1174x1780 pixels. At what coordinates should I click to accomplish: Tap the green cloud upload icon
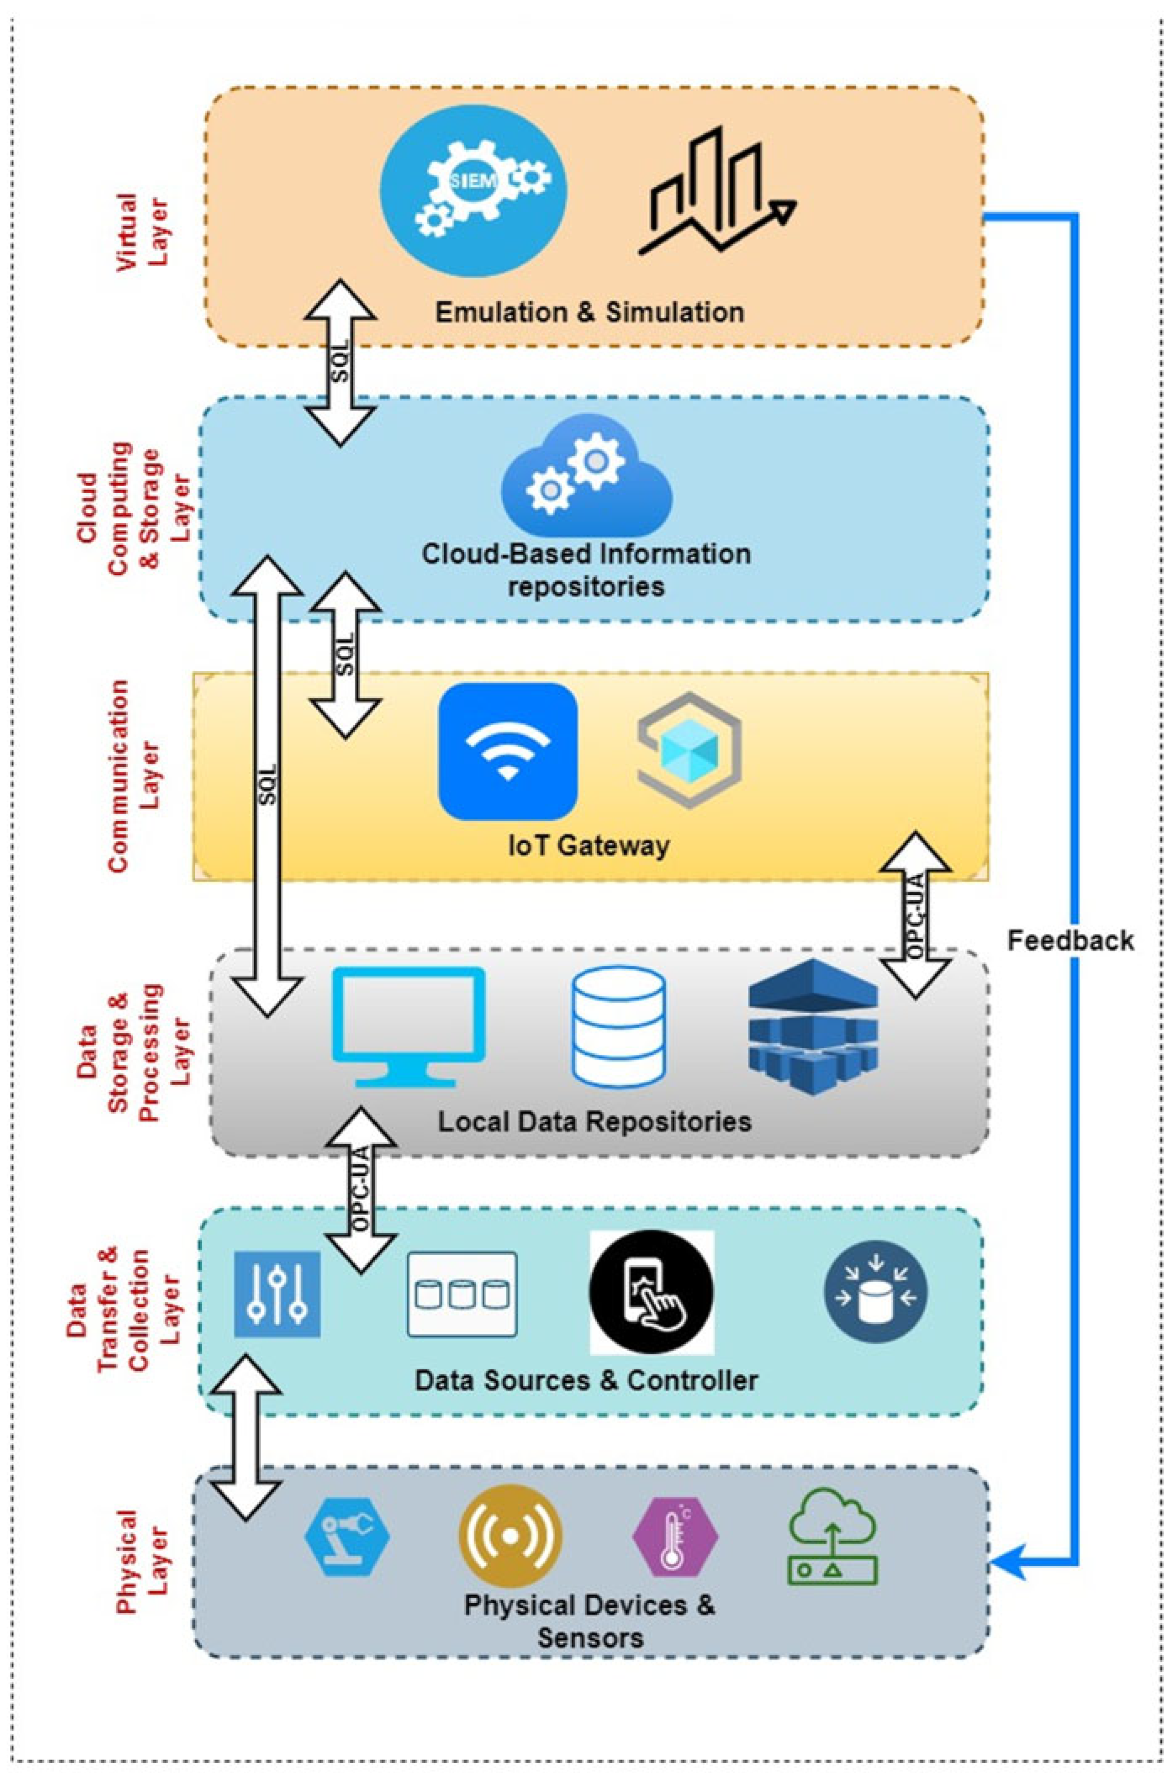[x=833, y=1536]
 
